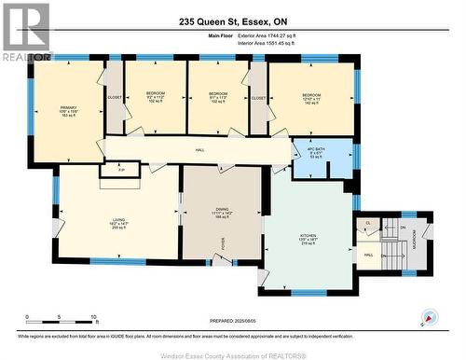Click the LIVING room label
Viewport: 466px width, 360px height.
click(x=117, y=220)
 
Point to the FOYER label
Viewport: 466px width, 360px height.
click(x=223, y=243)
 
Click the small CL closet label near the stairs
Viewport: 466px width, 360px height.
click(x=369, y=224)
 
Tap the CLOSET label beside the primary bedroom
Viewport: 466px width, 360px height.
click(x=114, y=96)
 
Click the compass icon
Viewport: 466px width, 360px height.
click(x=430, y=316)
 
